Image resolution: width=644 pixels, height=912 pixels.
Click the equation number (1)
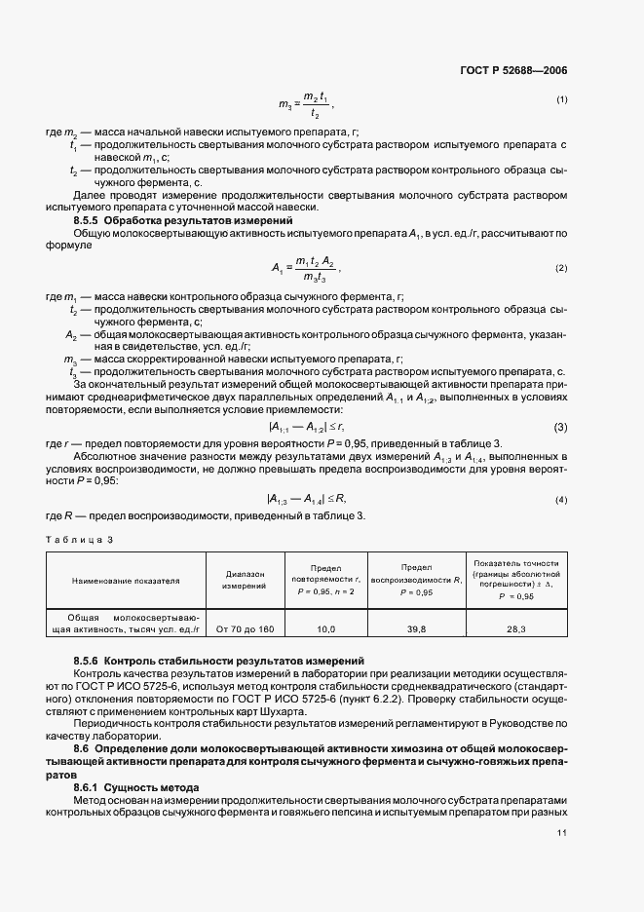coord(562,99)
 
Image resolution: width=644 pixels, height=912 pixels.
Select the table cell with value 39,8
coord(417,629)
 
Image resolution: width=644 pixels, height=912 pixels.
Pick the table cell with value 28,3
coord(516,629)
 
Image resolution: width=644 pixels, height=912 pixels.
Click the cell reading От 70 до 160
coord(244,629)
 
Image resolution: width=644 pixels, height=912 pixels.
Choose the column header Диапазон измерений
coord(244,580)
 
